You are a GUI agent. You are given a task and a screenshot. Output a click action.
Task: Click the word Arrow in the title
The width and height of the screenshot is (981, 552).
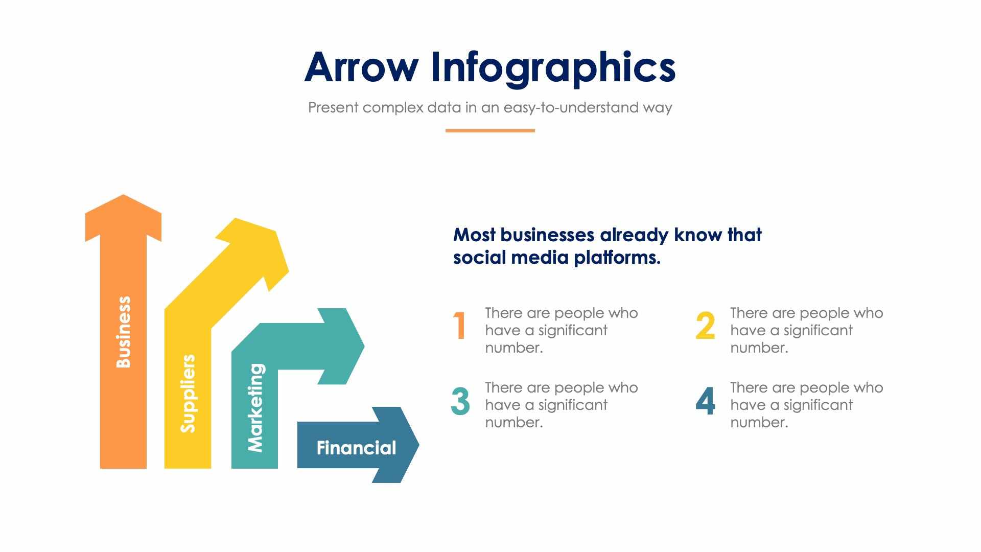361,67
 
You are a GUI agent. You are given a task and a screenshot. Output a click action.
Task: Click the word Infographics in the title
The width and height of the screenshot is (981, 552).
553,68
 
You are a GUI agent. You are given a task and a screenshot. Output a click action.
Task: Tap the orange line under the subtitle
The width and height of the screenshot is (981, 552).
489,131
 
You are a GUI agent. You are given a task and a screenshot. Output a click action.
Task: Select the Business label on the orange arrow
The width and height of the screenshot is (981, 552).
124,332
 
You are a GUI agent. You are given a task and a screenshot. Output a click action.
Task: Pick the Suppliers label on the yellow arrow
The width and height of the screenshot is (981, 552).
188,393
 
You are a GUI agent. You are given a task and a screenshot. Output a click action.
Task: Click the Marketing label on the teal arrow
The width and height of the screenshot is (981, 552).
255,407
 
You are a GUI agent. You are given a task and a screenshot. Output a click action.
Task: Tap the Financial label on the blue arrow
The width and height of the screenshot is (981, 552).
356,448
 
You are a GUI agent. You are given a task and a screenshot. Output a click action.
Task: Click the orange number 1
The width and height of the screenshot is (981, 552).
460,326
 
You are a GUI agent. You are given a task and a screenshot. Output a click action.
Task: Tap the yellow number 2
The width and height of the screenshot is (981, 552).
705,326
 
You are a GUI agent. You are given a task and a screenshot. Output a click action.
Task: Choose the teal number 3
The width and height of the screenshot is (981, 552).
460,401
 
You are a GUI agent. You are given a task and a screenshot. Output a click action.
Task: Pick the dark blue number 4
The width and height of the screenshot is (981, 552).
705,401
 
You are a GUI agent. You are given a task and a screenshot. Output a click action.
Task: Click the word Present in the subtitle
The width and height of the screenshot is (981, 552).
333,107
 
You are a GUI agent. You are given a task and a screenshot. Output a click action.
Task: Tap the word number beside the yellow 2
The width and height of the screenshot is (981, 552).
758,348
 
